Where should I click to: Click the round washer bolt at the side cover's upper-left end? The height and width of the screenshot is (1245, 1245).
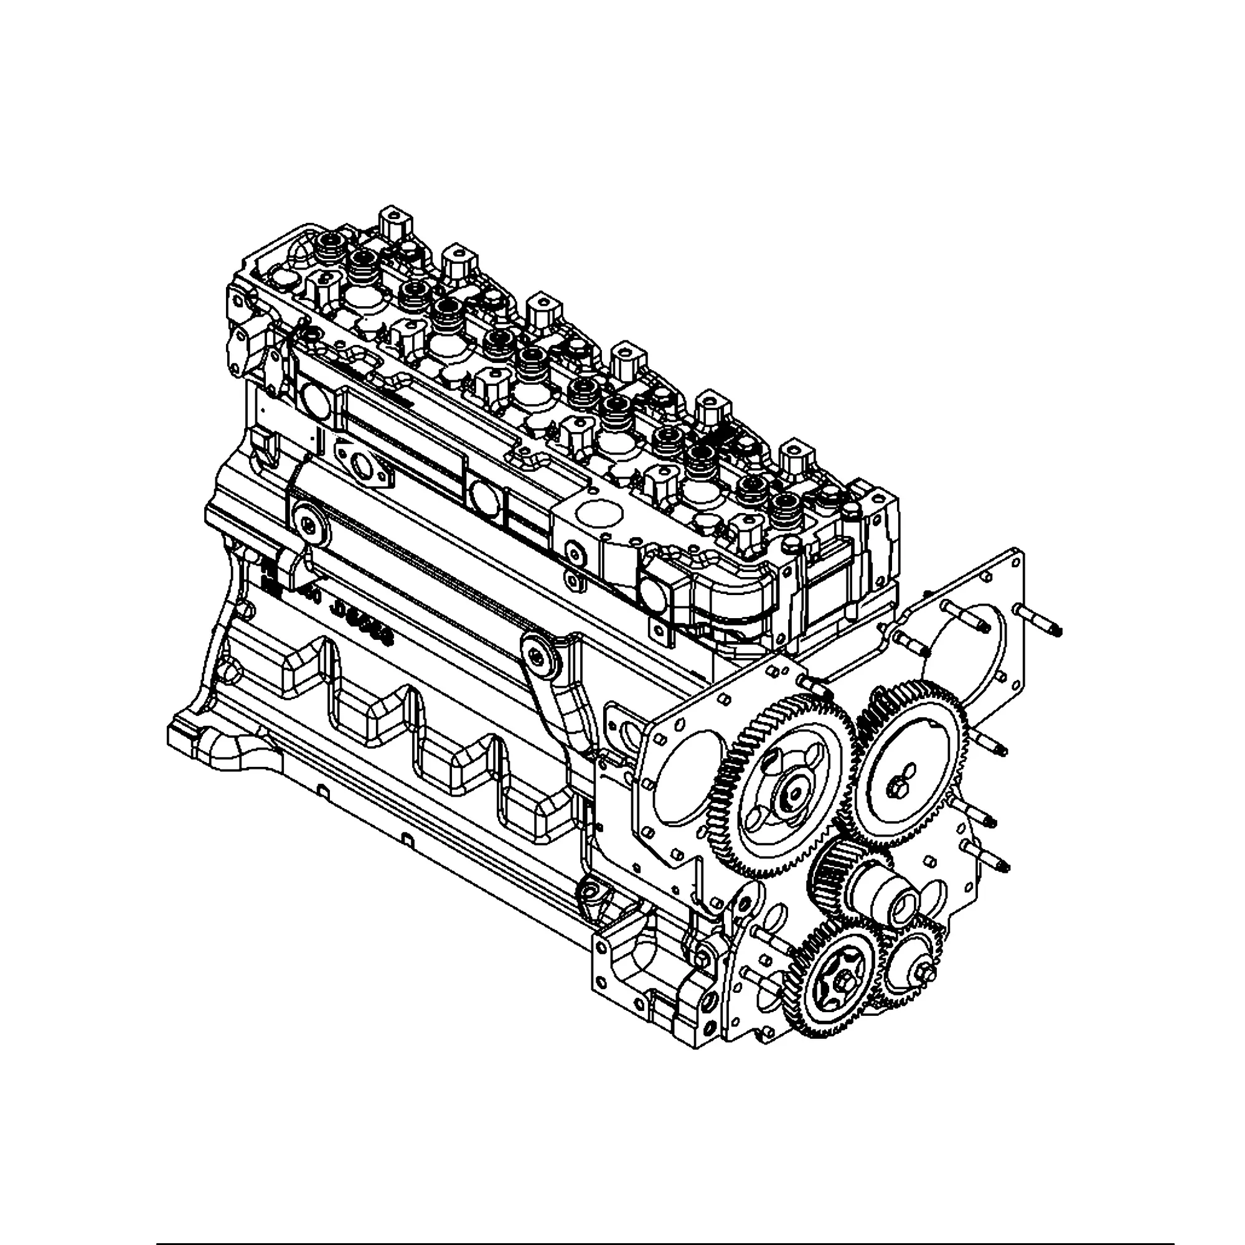[x=310, y=525]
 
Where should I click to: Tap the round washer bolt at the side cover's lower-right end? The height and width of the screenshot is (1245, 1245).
[x=538, y=654]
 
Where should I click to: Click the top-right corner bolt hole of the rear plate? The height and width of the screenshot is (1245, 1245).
[x=1013, y=563]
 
